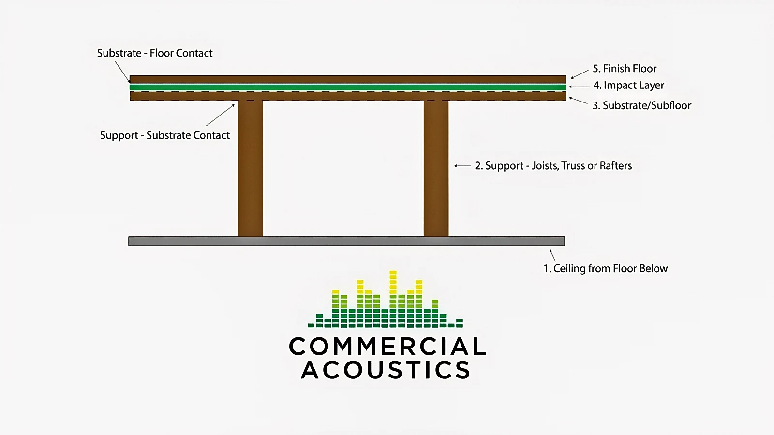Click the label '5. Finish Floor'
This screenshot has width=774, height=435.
click(625, 69)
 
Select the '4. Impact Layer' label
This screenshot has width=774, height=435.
click(628, 86)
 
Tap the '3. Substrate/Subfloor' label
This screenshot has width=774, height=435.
click(642, 105)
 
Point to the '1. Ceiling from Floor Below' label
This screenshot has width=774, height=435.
click(605, 269)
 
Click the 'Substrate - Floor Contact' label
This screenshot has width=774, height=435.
click(155, 53)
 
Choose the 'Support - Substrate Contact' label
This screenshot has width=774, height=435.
click(165, 135)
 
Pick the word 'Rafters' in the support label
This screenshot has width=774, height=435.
click(616, 166)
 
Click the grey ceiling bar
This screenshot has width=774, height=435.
click(346, 241)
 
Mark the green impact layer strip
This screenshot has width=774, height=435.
click(347, 87)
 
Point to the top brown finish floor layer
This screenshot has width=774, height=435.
click(347, 79)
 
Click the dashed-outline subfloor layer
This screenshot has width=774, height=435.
click(347, 96)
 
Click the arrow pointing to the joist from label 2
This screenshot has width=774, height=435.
click(462, 166)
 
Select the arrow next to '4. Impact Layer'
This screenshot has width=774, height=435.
click(579, 87)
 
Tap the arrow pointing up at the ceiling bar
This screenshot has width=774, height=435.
click(552, 255)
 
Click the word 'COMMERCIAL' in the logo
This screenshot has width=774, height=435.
click(387, 347)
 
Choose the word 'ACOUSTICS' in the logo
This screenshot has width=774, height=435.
click(386, 370)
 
